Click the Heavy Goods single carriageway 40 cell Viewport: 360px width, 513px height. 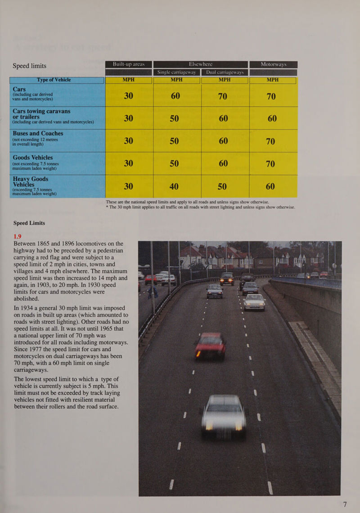(x=176, y=186)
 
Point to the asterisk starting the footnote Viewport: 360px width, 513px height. (x=107, y=207)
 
